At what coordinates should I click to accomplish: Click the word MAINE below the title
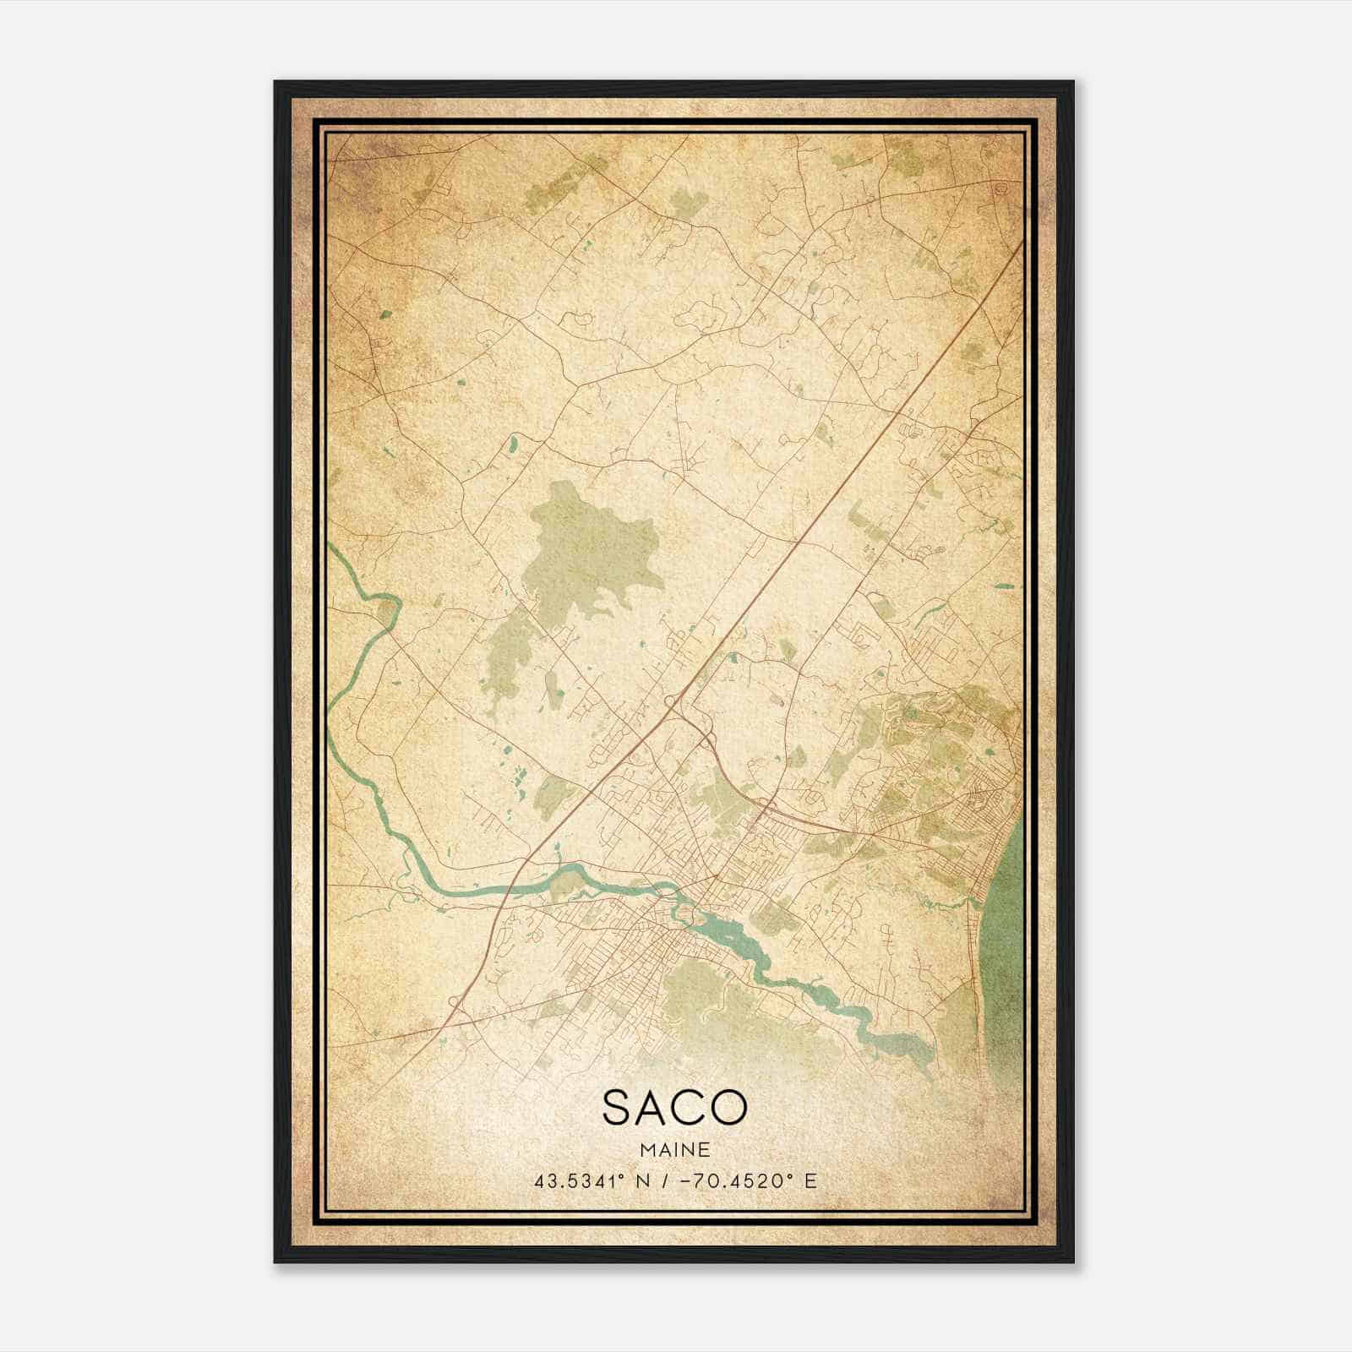click(x=674, y=1149)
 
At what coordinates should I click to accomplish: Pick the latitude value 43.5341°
click(x=579, y=1180)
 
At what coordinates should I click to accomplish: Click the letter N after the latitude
click(x=644, y=1180)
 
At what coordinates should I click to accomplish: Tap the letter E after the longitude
click(x=811, y=1180)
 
